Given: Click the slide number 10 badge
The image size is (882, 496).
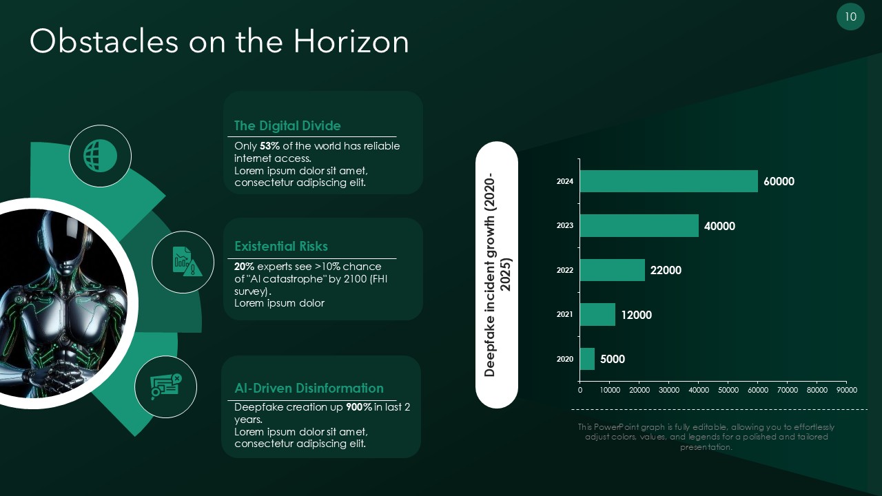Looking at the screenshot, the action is pos(850,17).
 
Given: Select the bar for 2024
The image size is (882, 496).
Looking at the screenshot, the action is pos(668,181).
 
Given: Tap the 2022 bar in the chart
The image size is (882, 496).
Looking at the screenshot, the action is pos(613,270).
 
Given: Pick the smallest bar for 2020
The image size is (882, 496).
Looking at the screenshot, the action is pos(587,359).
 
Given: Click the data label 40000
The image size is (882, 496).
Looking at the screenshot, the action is pos(719,226).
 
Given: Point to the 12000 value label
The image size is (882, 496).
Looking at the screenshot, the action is pos(636,315).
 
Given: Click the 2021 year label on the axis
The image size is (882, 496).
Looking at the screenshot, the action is pos(564,314).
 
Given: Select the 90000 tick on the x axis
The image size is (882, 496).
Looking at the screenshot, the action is pos(847,390).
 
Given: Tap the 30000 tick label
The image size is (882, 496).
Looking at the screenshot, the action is pos(669,390).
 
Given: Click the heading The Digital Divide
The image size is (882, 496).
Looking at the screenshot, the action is pos(287,125).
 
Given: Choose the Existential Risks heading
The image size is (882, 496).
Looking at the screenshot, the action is pos(281,246).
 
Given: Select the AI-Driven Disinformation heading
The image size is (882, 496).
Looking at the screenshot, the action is pos(309,388).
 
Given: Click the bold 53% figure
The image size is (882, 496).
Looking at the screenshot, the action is pos(269,146).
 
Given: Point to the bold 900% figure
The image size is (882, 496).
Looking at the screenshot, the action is pos(359,407).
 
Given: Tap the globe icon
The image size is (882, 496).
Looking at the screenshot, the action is pos(100,156).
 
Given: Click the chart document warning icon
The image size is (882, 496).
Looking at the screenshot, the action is pos(187,262).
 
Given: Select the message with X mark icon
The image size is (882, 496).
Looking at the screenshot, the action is pos(165,386).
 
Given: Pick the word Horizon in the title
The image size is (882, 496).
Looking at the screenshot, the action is pos(351,41).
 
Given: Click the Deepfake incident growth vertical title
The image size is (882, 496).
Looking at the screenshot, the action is pos(496,274).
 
